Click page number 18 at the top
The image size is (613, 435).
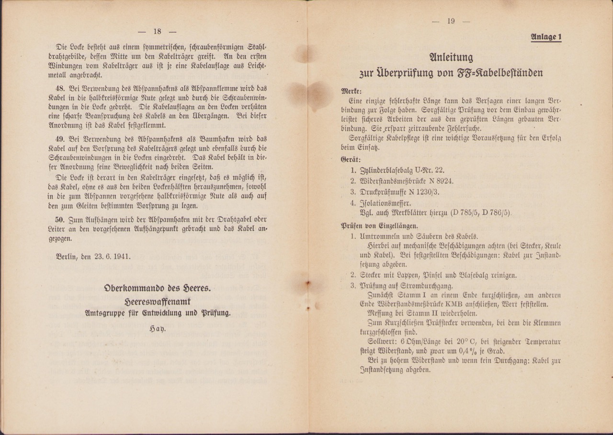(157, 32)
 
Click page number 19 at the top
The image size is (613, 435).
(451, 21)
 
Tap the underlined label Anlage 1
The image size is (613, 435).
(546, 37)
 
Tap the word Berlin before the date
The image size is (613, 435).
(67, 256)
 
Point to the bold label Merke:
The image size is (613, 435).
(352, 91)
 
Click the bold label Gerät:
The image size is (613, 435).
(351, 159)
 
